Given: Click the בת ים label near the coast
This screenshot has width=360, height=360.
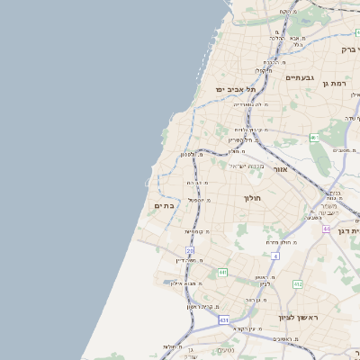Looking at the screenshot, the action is [x=164, y=206].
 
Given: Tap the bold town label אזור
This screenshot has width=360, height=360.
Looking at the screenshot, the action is [x=280, y=169].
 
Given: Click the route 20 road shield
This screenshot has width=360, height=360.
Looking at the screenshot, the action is [x=190, y=250].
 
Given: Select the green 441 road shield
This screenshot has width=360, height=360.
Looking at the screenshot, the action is [x=221, y=272].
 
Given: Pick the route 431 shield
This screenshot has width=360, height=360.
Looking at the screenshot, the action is [x=224, y=319].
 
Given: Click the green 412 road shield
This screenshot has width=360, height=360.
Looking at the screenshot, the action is [x=298, y=284].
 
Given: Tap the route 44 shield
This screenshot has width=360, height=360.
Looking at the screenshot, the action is [x=326, y=229].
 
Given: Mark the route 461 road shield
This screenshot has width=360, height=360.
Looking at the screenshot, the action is [x=314, y=138].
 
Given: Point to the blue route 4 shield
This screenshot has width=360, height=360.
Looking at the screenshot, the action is [x=275, y=256].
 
